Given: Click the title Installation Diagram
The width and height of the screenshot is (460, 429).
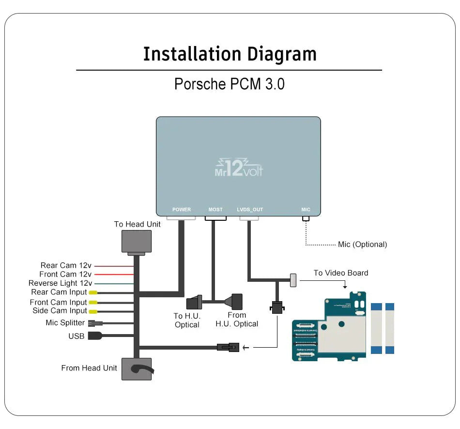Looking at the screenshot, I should click(x=230, y=54).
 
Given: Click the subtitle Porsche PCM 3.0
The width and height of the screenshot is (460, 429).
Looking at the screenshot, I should click(x=229, y=84).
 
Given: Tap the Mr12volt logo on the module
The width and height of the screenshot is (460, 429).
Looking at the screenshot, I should click(x=238, y=169).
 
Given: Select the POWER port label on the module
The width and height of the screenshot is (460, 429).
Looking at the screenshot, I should click(x=182, y=210).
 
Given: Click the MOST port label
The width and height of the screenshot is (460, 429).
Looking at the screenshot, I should click(x=215, y=210).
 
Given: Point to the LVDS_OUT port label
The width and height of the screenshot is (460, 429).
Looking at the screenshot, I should click(x=250, y=210).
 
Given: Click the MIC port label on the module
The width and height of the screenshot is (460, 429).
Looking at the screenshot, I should click(x=306, y=210).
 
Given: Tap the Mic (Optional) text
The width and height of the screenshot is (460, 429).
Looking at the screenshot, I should click(x=362, y=245).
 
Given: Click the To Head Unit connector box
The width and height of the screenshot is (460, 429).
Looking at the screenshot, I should click(x=136, y=241).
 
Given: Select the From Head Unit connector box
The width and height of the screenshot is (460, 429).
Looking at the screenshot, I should click(x=136, y=369).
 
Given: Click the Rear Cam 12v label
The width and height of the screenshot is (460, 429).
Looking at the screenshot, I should click(x=66, y=265).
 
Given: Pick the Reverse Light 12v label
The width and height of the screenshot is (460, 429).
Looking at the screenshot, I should click(x=60, y=283).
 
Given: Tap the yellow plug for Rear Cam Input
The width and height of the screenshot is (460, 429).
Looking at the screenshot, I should click(x=92, y=292).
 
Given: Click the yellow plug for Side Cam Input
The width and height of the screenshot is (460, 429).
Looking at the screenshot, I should click(x=92, y=311).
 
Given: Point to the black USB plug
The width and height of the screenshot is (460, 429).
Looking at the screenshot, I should click(x=94, y=336).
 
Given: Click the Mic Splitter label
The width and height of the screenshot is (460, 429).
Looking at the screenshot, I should click(x=65, y=323).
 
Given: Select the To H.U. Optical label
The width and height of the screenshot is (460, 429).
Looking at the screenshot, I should click(x=187, y=320).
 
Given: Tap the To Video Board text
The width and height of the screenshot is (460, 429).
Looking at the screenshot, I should click(x=340, y=273).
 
